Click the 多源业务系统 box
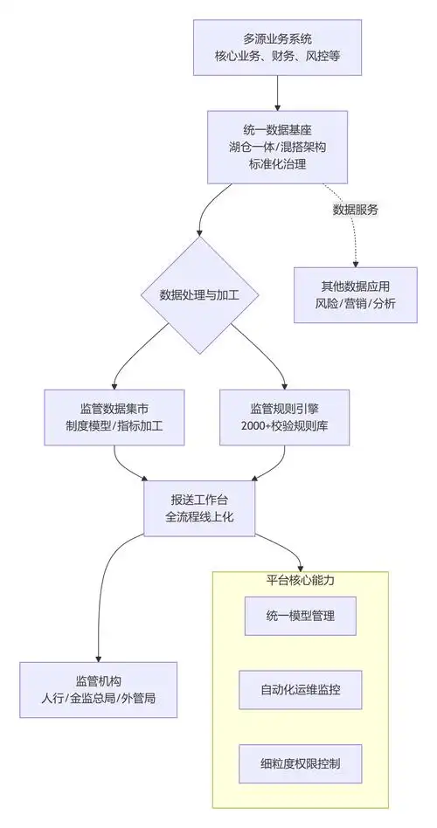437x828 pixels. click(x=276, y=46)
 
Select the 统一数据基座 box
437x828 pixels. click(x=276, y=146)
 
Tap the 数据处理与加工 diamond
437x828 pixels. click(x=199, y=295)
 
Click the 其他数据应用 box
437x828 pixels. click(x=355, y=295)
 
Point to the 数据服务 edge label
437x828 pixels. click(x=356, y=210)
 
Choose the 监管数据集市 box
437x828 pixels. click(x=114, y=417)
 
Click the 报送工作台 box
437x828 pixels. click(x=199, y=508)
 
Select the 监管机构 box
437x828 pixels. click(x=98, y=691)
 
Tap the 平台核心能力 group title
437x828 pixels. click(x=301, y=580)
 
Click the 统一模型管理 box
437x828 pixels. click(x=301, y=617)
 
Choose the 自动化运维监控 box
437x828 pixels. click(x=301, y=690)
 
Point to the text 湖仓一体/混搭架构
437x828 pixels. click(x=276, y=146)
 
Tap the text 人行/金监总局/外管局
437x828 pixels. click(x=98, y=700)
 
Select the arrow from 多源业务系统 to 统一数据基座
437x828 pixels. click(x=277, y=92)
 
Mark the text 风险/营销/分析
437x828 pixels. click(x=355, y=305)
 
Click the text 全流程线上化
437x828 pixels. click(x=199, y=518)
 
